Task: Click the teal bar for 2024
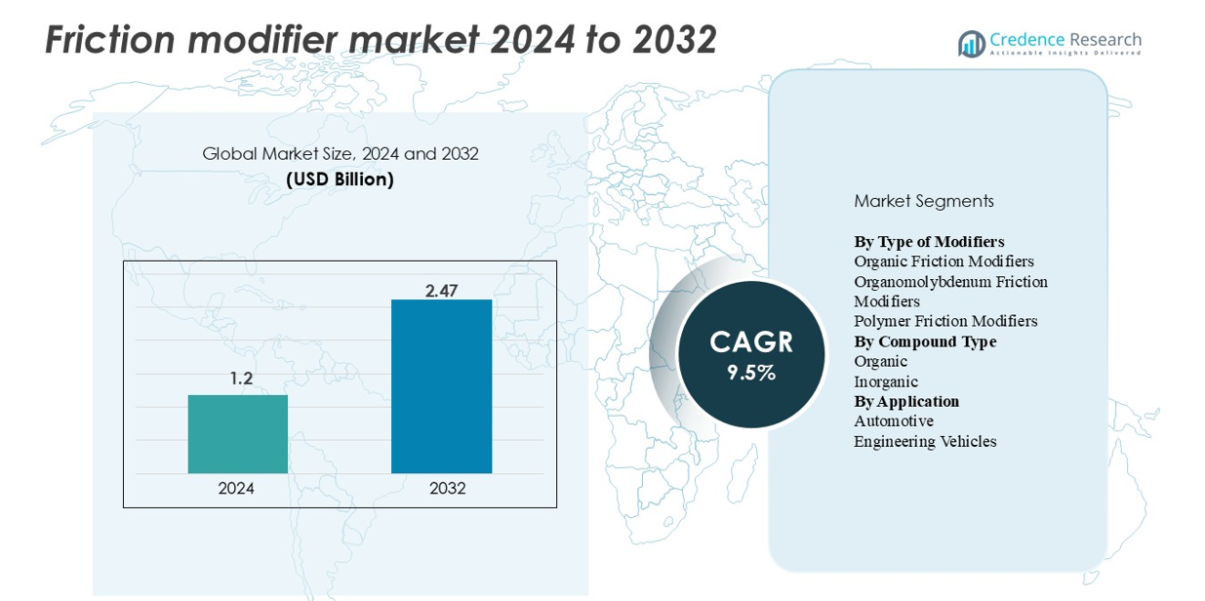237,434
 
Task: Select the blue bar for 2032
441,386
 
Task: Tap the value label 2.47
441,291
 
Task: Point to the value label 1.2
241,379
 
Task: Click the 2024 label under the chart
236,489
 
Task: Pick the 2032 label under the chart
448,489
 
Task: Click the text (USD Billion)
340,180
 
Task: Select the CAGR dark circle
751,354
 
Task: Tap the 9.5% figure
751,373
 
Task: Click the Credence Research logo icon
971,43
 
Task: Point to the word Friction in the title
109,40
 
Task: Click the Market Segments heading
923,201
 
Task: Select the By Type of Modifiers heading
928,241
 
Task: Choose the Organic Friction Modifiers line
944,261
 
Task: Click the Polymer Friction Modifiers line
944,321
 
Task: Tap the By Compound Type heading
924,341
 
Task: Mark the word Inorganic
885,381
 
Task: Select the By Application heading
905,401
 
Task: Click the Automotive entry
893,421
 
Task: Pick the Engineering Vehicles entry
924,441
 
